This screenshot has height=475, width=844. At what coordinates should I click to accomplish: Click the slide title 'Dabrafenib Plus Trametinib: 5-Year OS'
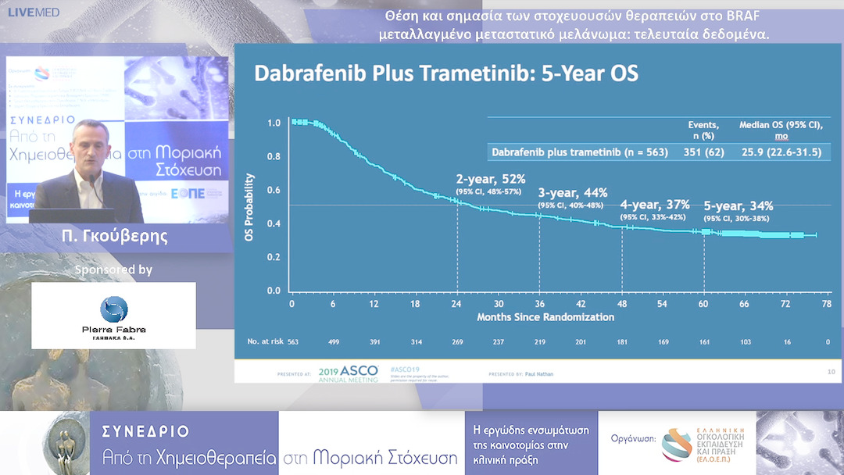coord(446,74)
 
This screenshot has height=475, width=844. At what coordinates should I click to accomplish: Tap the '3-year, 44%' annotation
coord(573,193)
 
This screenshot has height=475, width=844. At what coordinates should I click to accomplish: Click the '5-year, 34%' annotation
coord(738,206)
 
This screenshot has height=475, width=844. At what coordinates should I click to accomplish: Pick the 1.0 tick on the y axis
coord(274,123)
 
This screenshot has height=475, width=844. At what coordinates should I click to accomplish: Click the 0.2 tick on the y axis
coord(274,257)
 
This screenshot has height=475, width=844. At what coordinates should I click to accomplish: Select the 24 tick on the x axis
coord(456,304)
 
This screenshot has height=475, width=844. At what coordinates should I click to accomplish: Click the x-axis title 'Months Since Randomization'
coord(545,317)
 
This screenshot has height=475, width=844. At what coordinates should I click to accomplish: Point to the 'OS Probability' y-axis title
coord(249,206)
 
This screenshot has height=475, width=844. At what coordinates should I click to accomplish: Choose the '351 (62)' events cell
coord(703,152)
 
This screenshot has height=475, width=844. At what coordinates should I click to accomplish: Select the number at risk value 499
coord(333,341)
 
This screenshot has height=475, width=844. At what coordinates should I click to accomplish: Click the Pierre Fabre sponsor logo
coord(113,315)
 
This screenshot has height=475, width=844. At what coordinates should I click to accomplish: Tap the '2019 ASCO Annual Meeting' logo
coord(349,373)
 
